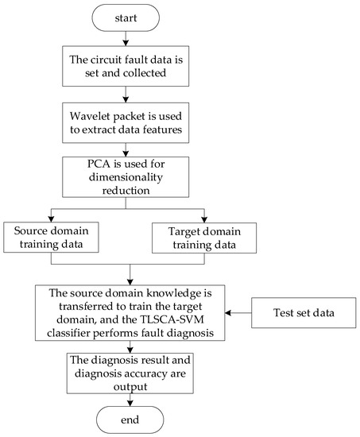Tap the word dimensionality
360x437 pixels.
(x=129, y=181)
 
